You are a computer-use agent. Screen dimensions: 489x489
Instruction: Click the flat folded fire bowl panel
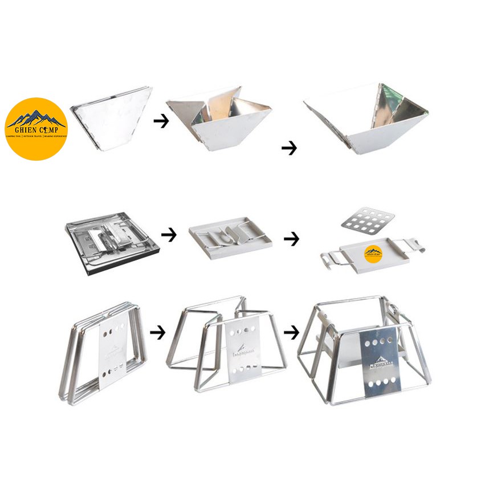point(111,117)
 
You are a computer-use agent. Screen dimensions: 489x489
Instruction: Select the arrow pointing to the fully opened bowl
point(289,148)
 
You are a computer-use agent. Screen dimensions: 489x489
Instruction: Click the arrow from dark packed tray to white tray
point(169,234)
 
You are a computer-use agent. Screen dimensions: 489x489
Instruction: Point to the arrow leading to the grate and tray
point(291,239)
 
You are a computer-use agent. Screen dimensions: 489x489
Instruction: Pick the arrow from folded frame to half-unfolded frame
point(158,332)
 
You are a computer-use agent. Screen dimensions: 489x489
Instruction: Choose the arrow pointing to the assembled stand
point(291,332)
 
